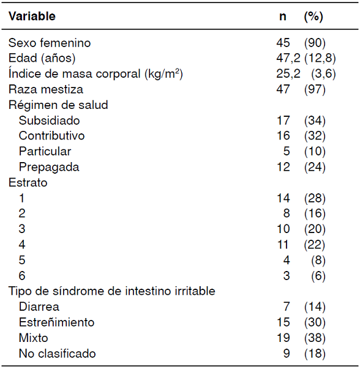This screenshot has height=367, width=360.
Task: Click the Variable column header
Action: [x=32, y=17]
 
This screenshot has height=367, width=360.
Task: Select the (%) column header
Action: [x=313, y=17]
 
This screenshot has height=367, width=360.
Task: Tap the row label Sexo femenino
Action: [x=49, y=43]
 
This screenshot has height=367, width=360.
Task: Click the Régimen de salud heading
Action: [x=58, y=105]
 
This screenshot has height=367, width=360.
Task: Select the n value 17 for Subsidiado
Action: [x=283, y=120]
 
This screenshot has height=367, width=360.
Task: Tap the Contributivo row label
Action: [x=51, y=136]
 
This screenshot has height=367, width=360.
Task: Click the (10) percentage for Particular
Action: [x=315, y=152]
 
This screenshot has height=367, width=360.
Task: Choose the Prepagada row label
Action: [x=48, y=167]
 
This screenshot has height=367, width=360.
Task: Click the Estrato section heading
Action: [x=28, y=182]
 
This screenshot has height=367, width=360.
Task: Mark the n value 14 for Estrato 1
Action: [x=283, y=198]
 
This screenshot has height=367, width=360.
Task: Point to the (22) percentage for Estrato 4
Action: [x=315, y=245]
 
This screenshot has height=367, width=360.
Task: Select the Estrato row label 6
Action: [x=22, y=276]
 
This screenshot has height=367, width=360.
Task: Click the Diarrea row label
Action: [x=39, y=306]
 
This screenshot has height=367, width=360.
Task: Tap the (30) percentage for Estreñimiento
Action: [x=315, y=322]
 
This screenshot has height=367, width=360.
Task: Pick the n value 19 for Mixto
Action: [x=283, y=338]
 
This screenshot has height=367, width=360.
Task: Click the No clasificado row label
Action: [x=57, y=353]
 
